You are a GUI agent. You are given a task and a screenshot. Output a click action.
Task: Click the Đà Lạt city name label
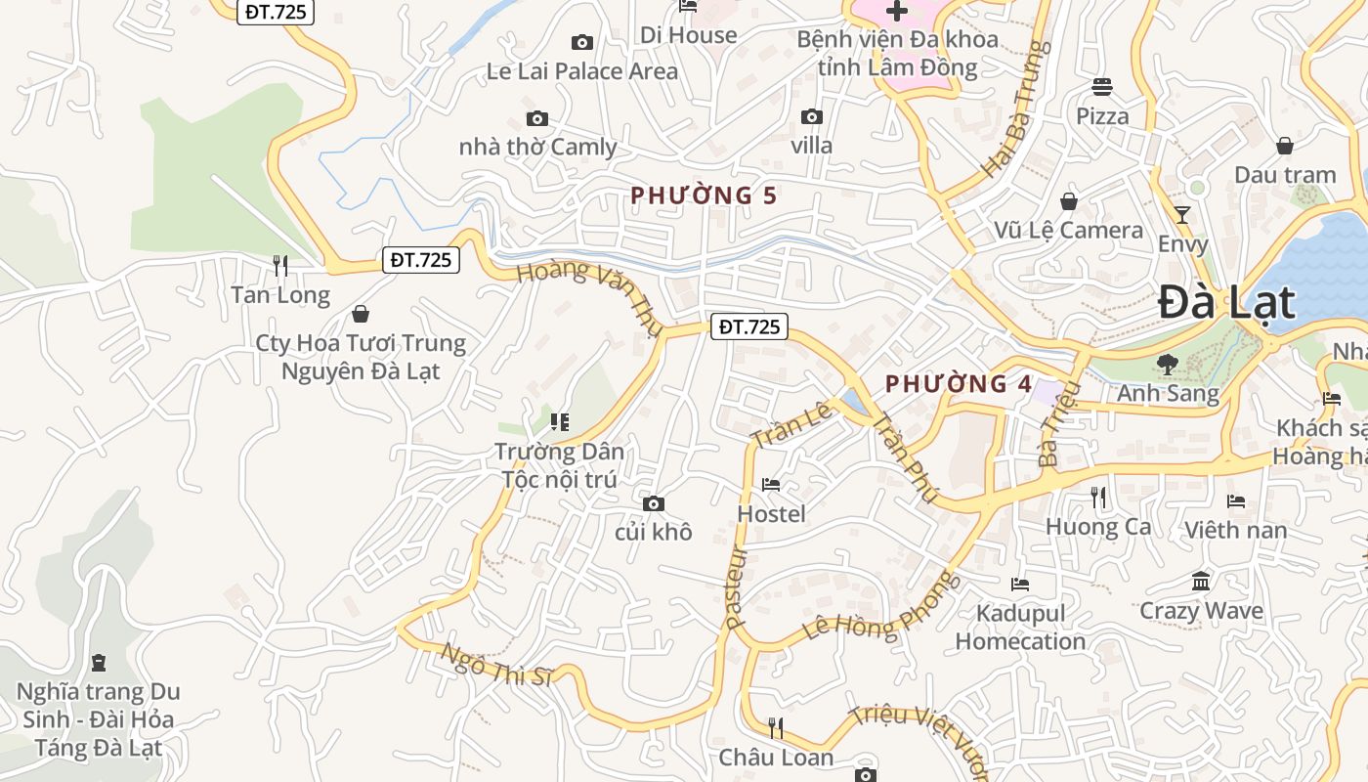click(1226, 303)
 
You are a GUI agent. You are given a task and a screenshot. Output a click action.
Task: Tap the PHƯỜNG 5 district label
click(704, 195)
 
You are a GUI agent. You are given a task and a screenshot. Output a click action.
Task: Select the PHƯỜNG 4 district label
click(959, 384)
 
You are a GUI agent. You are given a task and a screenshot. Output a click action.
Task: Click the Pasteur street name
click(736, 586)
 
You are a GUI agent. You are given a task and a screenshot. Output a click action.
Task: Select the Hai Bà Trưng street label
click(1015, 109)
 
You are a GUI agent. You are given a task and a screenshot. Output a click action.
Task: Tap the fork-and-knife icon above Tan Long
click(280, 265)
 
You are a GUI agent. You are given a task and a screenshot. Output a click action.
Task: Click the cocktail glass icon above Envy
click(1182, 215)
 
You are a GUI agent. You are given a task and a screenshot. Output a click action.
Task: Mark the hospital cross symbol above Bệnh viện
click(896, 12)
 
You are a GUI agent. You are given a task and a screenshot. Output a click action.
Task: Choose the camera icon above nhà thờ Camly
click(537, 119)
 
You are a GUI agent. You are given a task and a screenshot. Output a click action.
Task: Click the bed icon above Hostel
click(771, 485)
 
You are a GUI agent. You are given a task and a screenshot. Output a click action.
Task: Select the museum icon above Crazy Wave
click(1201, 582)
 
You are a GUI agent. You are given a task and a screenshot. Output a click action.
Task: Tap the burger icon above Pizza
click(1102, 87)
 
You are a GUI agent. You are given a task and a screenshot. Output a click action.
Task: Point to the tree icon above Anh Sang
click(1167, 365)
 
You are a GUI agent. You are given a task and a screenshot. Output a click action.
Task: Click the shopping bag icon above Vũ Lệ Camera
click(1069, 201)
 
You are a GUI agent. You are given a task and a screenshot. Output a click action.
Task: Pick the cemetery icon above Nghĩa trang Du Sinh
click(98, 663)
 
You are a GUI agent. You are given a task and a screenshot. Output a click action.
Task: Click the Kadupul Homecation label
click(1020, 628)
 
